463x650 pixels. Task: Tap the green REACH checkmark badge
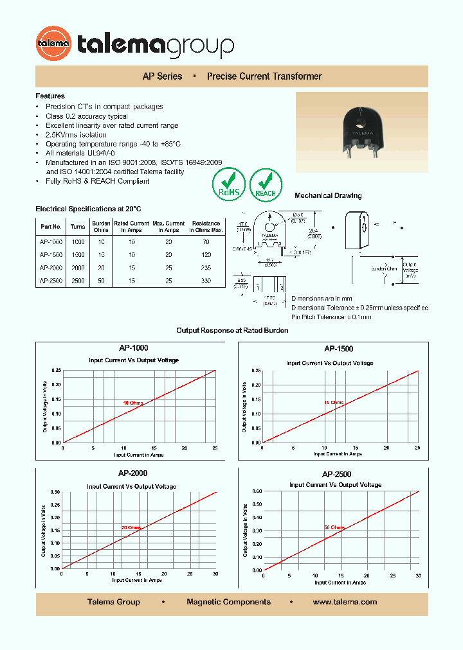coord(266,183)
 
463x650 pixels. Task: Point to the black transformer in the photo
coord(361,128)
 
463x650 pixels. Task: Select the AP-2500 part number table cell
coord(51,281)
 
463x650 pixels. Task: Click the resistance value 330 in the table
coord(206,281)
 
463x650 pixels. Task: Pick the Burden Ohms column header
coord(101,227)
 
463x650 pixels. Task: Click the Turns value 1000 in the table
coord(78,242)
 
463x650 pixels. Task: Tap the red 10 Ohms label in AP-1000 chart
coord(133,403)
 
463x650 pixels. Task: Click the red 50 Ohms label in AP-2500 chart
coord(334,527)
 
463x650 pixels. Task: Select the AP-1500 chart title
coord(338,349)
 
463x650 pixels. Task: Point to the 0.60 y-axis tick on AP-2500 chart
coord(257,491)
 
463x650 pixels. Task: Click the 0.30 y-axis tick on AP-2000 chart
coord(55,492)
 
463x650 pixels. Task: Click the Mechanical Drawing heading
coord(328,196)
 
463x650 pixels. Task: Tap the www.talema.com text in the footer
coord(345,602)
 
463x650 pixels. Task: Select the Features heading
coord(50,96)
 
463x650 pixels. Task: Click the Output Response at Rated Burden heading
coord(232,330)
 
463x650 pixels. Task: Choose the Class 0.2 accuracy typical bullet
coord(87,116)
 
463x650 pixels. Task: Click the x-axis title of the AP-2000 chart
coord(136,580)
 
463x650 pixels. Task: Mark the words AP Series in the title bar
coord(162,76)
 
